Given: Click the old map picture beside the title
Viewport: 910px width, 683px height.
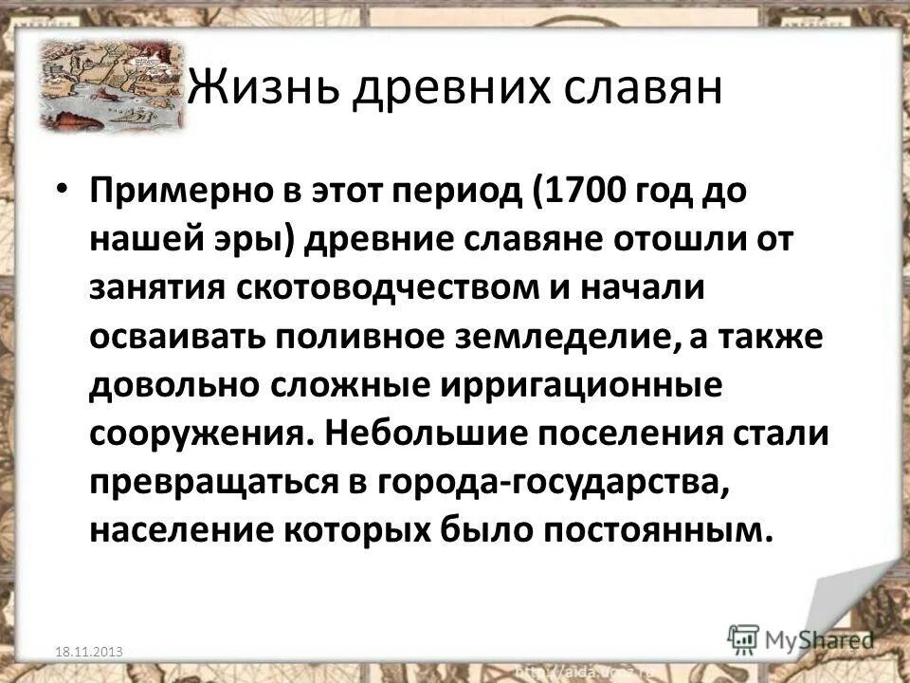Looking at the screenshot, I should (x=109, y=85).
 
